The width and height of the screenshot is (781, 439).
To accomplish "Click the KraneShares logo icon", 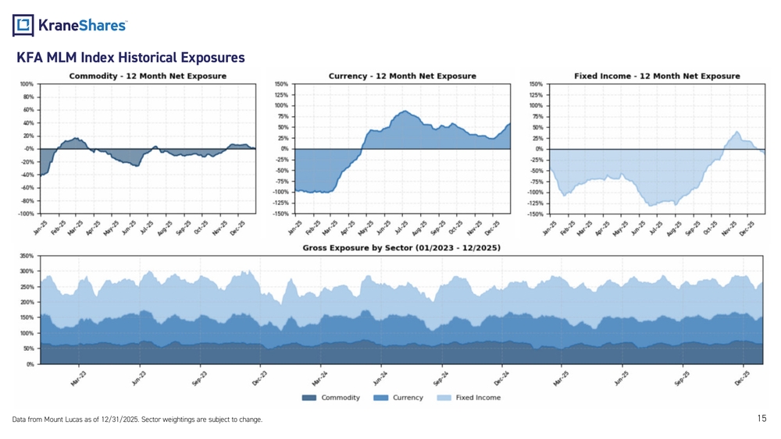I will pos(24,26).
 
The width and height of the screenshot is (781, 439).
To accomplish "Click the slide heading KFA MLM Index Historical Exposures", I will pos(130,58).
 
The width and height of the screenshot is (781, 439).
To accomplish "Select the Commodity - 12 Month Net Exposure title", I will pos(148,76).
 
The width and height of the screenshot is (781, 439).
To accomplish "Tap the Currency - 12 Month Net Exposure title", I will pos(402,76).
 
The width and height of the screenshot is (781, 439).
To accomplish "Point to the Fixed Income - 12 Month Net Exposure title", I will pos(657,76).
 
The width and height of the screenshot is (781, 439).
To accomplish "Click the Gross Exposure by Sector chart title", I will pos(401,247).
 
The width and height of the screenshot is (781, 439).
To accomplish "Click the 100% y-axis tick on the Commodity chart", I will pos(26,83).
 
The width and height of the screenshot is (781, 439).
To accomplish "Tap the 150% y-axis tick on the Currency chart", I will pos(281,83).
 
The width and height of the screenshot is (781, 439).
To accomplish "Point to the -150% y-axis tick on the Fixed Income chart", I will pos(536,214).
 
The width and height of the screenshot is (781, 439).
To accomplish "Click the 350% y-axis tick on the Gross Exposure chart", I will pos(26,256).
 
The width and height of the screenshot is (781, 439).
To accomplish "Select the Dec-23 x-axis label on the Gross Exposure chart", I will pos(259,378).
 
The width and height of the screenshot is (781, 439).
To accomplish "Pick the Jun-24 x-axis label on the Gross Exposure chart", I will pos(380,378).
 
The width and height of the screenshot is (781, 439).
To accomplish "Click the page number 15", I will pos(762,420).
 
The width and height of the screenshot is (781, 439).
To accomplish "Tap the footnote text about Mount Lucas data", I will pos(137,420).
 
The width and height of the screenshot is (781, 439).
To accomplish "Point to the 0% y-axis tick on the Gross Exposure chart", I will pos(30,364).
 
